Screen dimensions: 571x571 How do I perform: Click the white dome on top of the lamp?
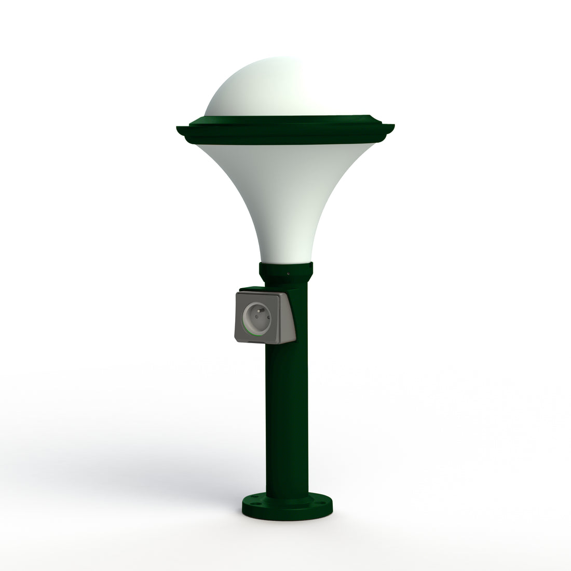pos(270,88)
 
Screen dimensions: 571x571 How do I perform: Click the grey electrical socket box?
pos(265,317)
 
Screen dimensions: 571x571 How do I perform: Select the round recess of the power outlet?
pos(257,319)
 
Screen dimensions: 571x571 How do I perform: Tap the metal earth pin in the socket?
pos(257,313)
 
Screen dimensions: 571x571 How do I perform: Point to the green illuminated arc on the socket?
pos(256,334)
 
